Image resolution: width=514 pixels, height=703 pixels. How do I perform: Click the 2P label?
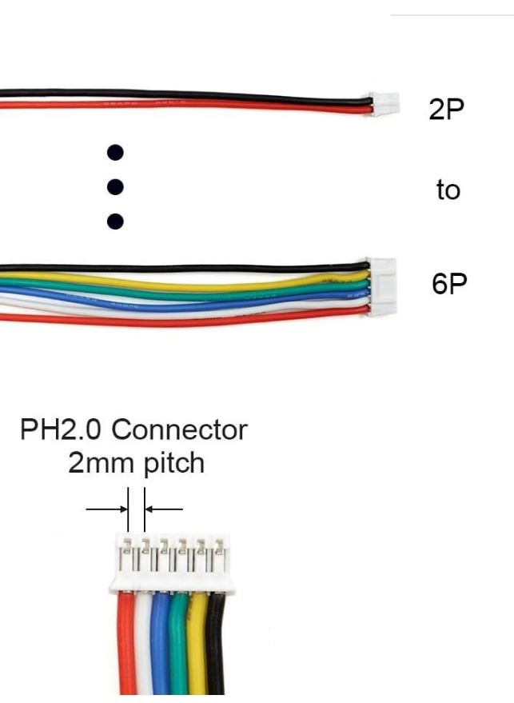pyautogui.click(x=446, y=110)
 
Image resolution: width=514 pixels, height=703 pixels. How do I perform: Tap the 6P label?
pyautogui.click(x=448, y=284)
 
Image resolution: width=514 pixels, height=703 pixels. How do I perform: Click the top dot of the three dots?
pyautogui.click(x=116, y=152)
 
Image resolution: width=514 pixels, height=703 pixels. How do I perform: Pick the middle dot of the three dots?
pyautogui.click(x=116, y=187)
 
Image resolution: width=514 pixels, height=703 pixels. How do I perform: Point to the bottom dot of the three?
pyautogui.click(x=116, y=221)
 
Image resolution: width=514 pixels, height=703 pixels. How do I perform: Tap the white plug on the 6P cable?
pyautogui.click(x=381, y=287)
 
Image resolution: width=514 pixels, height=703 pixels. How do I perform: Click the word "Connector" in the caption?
pyautogui.click(x=179, y=430)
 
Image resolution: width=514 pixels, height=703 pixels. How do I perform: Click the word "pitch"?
pyautogui.click(x=173, y=463)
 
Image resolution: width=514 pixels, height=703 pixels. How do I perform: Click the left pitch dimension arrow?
pyautogui.click(x=106, y=509)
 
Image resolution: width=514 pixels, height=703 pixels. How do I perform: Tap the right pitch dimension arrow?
pyautogui.click(x=165, y=509)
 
